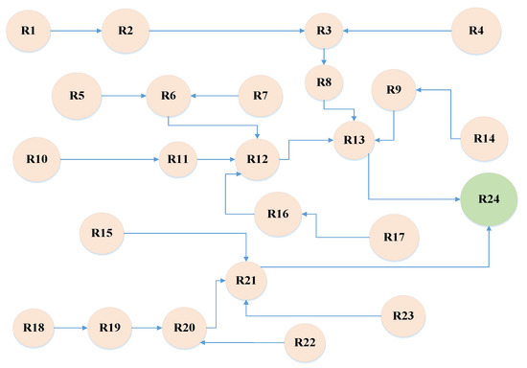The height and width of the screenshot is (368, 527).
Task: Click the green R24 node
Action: (x=491, y=200)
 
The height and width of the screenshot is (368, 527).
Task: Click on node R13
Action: (x=355, y=141)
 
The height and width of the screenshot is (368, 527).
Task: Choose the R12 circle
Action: (x=256, y=158)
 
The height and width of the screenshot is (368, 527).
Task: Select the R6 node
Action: (x=169, y=96)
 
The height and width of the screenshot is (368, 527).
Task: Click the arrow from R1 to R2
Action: (x=76, y=32)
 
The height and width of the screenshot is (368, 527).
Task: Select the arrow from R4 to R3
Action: (x=398, y=32)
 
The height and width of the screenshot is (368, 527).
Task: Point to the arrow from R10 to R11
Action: (x=109, y=158)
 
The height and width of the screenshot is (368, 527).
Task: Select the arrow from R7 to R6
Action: (x=213, y=96)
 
